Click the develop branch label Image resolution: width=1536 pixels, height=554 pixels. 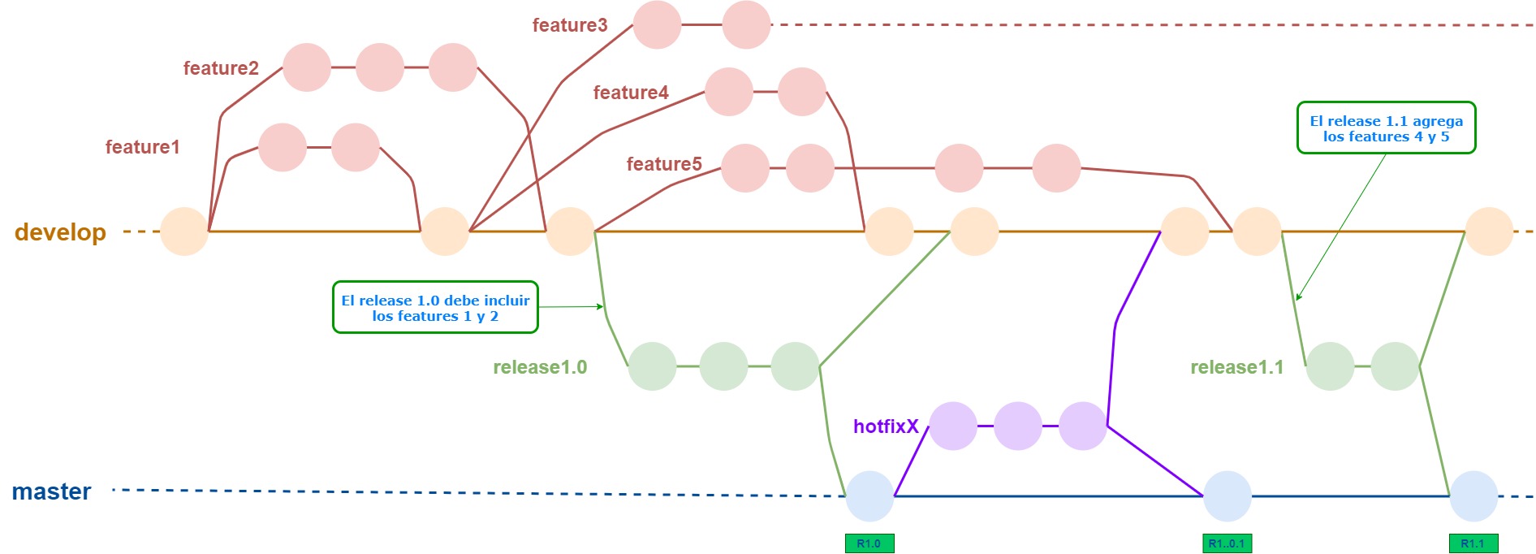point(60,232)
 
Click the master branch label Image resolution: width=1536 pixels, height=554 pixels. point(51,491)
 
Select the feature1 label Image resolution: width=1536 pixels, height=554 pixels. point(142,147)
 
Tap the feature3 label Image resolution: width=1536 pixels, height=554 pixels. point(569,25)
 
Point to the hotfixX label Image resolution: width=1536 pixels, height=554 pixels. point(886,426)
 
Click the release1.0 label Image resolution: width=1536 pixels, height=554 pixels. point(540,367)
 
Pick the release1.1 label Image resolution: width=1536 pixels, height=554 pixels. point(1236,367)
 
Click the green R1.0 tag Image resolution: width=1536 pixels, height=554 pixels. point(869,543)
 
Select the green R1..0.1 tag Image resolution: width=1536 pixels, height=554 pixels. point(1226,543)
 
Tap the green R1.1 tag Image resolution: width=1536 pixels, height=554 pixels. point(1473,543)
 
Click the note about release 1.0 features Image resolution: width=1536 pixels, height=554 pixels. point(435,307)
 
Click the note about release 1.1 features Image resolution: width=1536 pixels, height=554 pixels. point(1386,128)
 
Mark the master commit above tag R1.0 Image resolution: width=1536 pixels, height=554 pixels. point(869,496)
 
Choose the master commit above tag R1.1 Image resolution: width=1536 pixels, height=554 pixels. point(1473,496)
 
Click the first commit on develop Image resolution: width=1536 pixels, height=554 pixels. point(184,232)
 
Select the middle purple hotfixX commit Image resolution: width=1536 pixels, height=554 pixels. point(1017,426)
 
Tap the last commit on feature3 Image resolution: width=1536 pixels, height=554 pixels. point(746,25)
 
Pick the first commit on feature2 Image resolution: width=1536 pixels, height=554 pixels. point(307,67)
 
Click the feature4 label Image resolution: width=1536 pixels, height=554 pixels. point(631,93)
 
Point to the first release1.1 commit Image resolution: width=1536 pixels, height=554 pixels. point(1330,366)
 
